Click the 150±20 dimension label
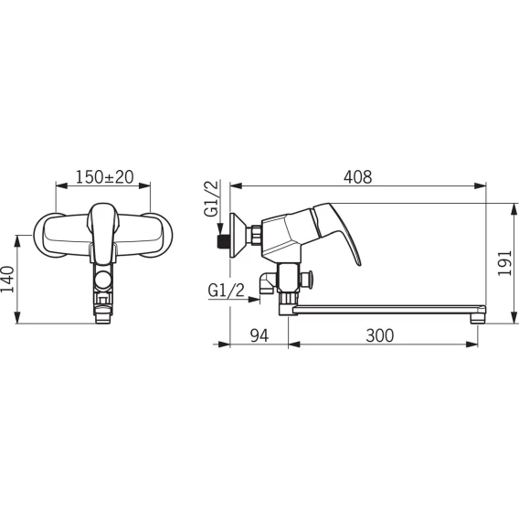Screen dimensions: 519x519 coord(104,176)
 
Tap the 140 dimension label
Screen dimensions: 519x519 coord(7,279)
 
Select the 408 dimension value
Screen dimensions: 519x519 coord(358,177)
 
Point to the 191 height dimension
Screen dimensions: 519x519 coord(505,263)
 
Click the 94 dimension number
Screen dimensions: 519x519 coord(259,335)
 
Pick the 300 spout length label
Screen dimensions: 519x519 coord(380,335)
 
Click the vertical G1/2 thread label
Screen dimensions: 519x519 coord(212,198)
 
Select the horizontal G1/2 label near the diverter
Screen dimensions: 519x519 coord(227,291)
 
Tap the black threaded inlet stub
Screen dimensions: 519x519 coord(221,241)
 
